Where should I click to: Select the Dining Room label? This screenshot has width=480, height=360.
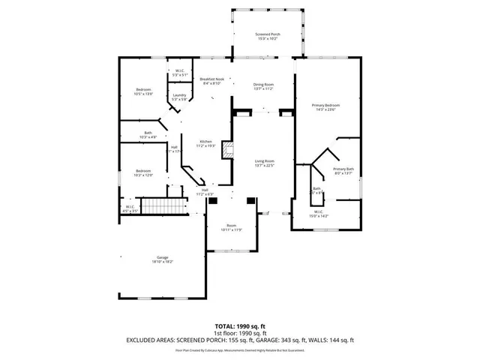262,85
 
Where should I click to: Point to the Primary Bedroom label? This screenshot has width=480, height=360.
326,106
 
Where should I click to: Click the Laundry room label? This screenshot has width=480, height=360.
179,95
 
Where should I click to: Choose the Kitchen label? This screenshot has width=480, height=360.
205,142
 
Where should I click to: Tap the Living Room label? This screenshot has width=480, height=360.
263,161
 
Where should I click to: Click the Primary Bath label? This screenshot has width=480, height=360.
343,169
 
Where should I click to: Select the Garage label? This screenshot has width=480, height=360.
163,257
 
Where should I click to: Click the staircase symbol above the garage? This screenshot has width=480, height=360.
163,205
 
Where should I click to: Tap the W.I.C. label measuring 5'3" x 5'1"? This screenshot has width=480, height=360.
179,73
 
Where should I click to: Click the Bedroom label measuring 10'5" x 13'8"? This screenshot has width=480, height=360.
143,90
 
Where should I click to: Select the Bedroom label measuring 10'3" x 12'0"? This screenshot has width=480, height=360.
143,172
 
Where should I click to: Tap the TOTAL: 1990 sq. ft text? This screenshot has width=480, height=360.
240,325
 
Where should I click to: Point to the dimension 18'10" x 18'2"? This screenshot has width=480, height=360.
163,262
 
